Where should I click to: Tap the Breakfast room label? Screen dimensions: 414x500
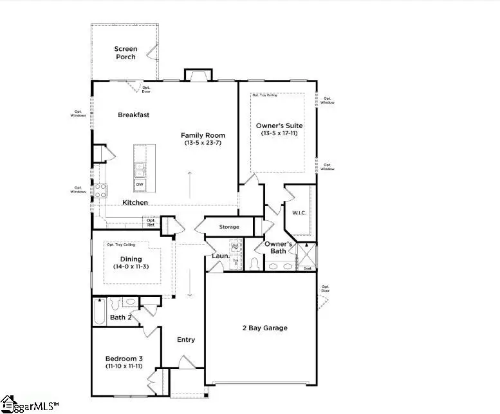click(x=134, y=115)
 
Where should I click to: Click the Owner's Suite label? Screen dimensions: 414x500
click(x=279, y=126)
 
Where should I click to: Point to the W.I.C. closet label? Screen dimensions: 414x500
click(x=299, y=213)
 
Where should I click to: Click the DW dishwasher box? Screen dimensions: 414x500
click(x=140, y=184)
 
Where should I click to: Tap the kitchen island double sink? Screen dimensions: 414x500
click(x=140, y=169)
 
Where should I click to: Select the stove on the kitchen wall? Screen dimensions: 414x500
click(x=101, y=190)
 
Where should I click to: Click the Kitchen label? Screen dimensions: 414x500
click(x=135, y=202)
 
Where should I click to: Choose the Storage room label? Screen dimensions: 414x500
click(x=229, y=227)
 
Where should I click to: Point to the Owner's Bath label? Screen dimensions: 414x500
click(x=279, y=247)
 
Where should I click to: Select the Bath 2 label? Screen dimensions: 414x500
click(x=120, y=317)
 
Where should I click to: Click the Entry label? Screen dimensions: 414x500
click(x=186, y=339)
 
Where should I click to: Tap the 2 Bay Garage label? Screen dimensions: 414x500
click(x=266, y=328)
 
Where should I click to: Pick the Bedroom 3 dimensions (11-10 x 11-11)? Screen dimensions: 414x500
click(x=127, y=366)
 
